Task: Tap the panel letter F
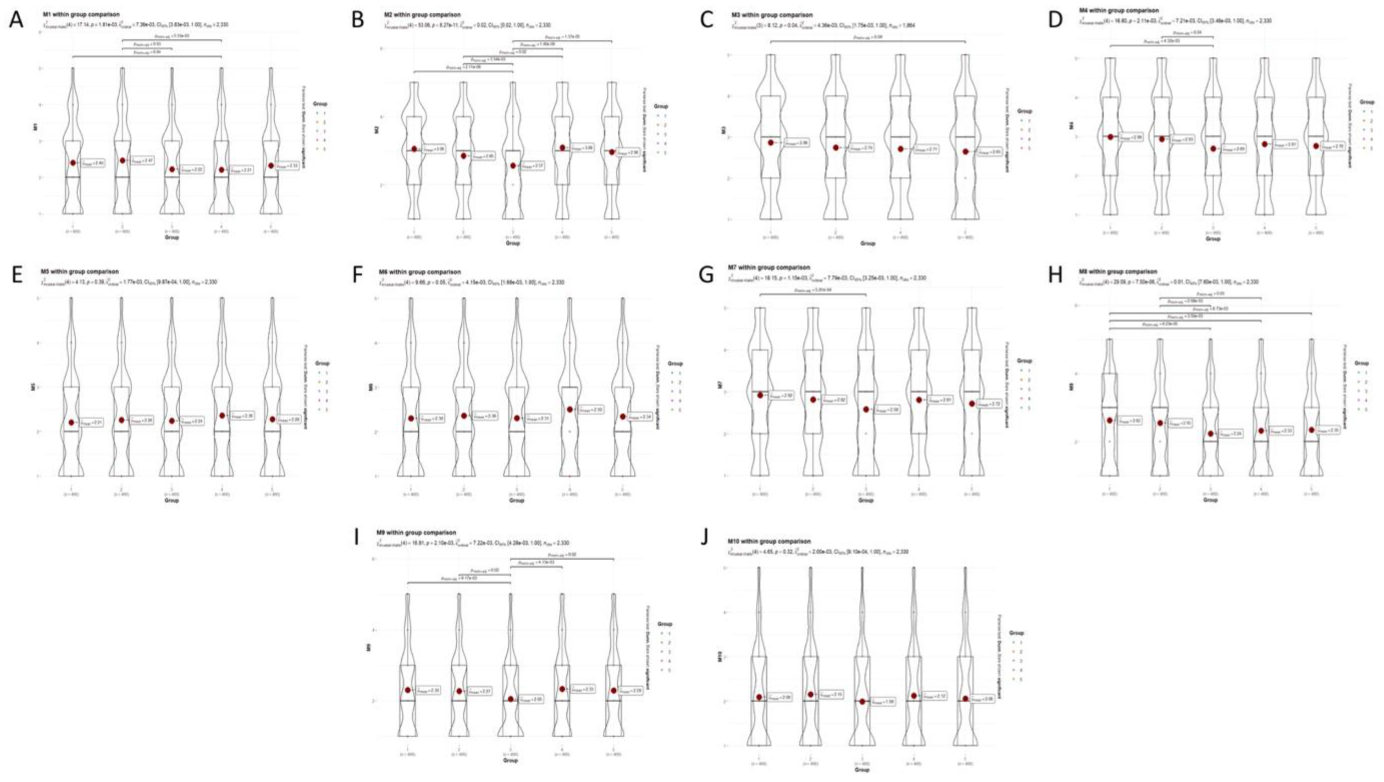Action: pyautogui.click(x=357, y=275)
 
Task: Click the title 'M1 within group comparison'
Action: pyautogui.click(x=82, y=15)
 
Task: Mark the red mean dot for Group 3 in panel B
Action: pyautogui.click(x=513, y=166)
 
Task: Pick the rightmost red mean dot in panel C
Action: pyautogui.click(x=965, y=151)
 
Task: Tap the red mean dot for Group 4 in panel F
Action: pyautogui.click(x=570, y=409)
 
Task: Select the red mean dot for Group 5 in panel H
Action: pyautogui.click(x=1312, y=430)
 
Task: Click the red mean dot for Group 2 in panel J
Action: pyautogui.click(x=810, y=694)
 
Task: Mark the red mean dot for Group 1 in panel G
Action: pyautogui.click(x=760, y=395)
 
